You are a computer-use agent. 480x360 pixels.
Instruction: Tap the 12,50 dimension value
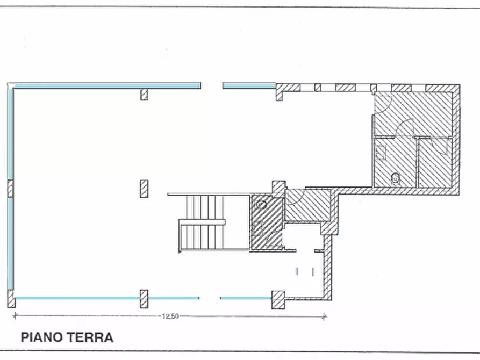point(170,316)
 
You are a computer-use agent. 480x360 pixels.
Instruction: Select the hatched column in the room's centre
point(144,189)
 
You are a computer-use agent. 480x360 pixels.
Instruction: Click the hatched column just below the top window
point(144,95)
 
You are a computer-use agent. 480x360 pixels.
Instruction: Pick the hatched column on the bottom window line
point(144,299)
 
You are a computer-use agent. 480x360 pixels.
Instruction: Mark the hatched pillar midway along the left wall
point(11,189)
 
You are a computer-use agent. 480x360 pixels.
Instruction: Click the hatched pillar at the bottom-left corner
point(11,299)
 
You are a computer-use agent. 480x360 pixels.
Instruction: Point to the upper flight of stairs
point(205,207)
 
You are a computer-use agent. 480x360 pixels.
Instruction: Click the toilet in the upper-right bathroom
point(396,177)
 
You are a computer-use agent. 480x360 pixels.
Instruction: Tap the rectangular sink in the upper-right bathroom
point(381,154)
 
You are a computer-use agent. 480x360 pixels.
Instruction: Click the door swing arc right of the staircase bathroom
point(297,197)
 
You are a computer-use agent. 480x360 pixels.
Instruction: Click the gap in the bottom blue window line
point(210,298)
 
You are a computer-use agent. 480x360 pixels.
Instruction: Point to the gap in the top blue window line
point(212,85)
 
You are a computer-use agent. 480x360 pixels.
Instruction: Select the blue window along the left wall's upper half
point(11,134)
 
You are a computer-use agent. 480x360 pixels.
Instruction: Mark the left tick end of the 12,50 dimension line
point(15,316)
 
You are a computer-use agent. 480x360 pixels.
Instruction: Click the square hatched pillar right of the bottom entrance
point(278,299)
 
